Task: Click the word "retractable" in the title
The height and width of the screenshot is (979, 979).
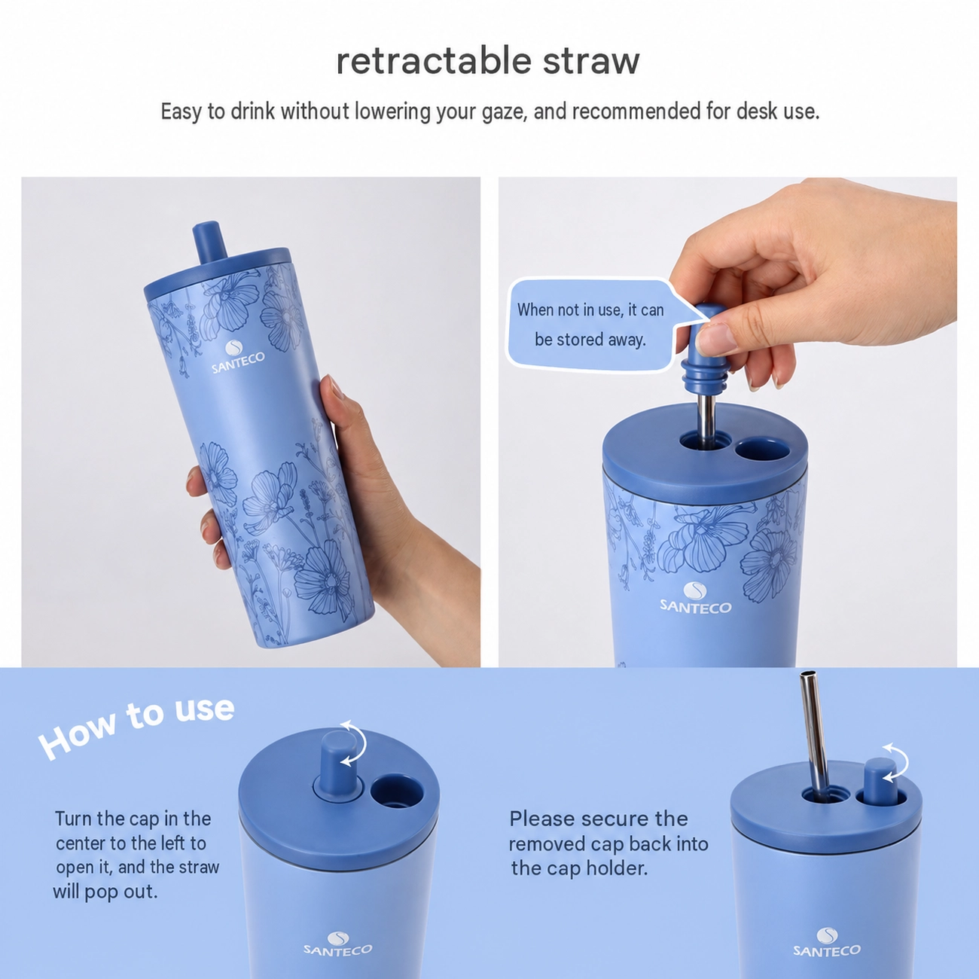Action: click(x=433, y=61)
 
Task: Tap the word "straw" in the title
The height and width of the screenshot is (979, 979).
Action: click(x=591, y=62)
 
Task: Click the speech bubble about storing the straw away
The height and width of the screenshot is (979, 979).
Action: click(x=592, y=325)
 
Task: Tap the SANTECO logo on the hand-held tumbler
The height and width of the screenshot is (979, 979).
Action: click(x=238, y=358)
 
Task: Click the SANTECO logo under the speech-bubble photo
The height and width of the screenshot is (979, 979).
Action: click(x=695, y=598)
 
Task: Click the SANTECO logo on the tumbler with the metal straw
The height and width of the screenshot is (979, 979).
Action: click(x=827, y=944)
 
